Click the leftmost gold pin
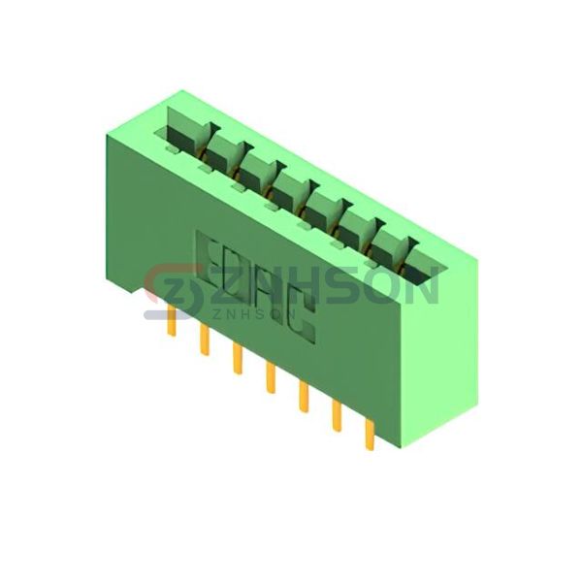(171, 320)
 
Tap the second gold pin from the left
(205, 339)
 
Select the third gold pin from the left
(238, 359)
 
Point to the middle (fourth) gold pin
(271, 378)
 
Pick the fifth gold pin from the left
(304, 397)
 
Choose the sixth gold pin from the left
(337, 416)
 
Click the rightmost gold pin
(370, 435)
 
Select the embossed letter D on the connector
(237, 275)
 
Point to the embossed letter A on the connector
(267, 294)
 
